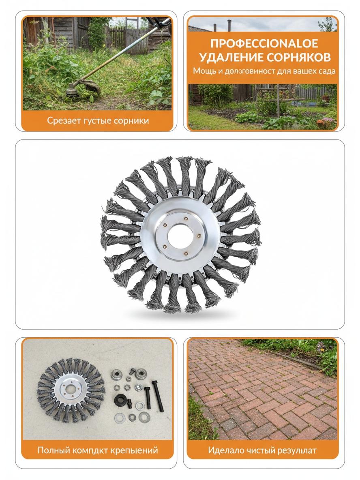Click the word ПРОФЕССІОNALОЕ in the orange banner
coord(264,43)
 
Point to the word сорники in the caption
coord(131,121)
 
